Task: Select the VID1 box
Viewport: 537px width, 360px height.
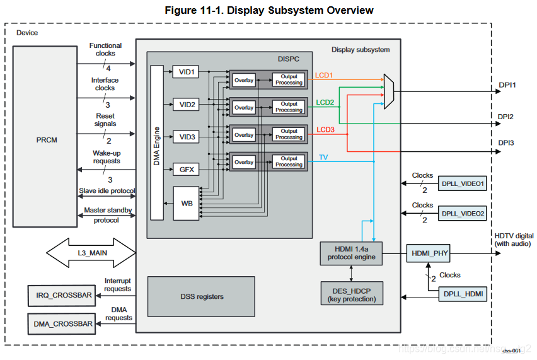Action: click(187, 73)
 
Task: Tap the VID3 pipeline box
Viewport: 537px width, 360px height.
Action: click(187, 137)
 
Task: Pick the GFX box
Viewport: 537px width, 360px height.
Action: click(187, 169)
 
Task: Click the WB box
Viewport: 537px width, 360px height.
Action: click(187, 203)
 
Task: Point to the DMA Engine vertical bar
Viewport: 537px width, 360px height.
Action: click(157, 142)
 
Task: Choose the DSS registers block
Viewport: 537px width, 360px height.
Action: click(201, 296)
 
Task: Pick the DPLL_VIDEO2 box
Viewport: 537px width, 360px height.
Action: click(463, 214)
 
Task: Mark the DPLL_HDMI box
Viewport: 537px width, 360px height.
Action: click(463, 293)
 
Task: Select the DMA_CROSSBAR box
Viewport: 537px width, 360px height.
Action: click(61, 324)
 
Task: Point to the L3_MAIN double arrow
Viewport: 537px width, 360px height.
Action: click(91, 253)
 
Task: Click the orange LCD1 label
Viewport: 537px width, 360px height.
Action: click(325, 75)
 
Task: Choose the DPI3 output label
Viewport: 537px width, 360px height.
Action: click(505, 143)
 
